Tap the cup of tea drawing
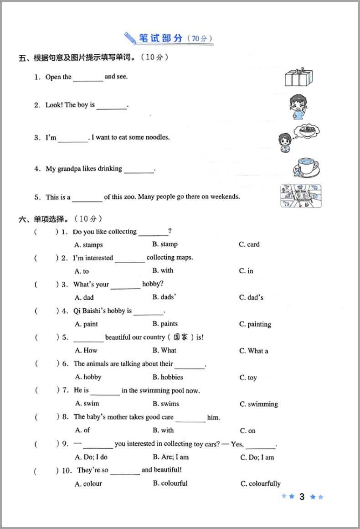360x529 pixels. [305, 167]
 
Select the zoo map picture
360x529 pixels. [300, 196]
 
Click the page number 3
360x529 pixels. [302, 497]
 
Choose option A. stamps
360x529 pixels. [89, 245]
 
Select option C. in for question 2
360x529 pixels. [246, 271]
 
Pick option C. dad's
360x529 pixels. [252, 298]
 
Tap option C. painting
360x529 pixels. [255, 324]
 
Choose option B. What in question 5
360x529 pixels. [165, 350]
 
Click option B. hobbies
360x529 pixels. [168, 377]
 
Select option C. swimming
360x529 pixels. [259, 404]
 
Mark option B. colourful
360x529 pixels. [170, 483]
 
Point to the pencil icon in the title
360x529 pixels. [129, 37]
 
